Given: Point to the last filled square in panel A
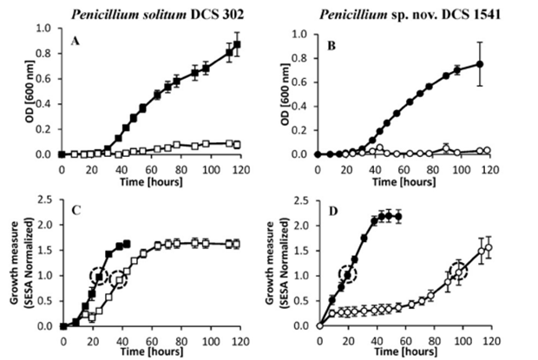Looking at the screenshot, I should click(x=237, y=44).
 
